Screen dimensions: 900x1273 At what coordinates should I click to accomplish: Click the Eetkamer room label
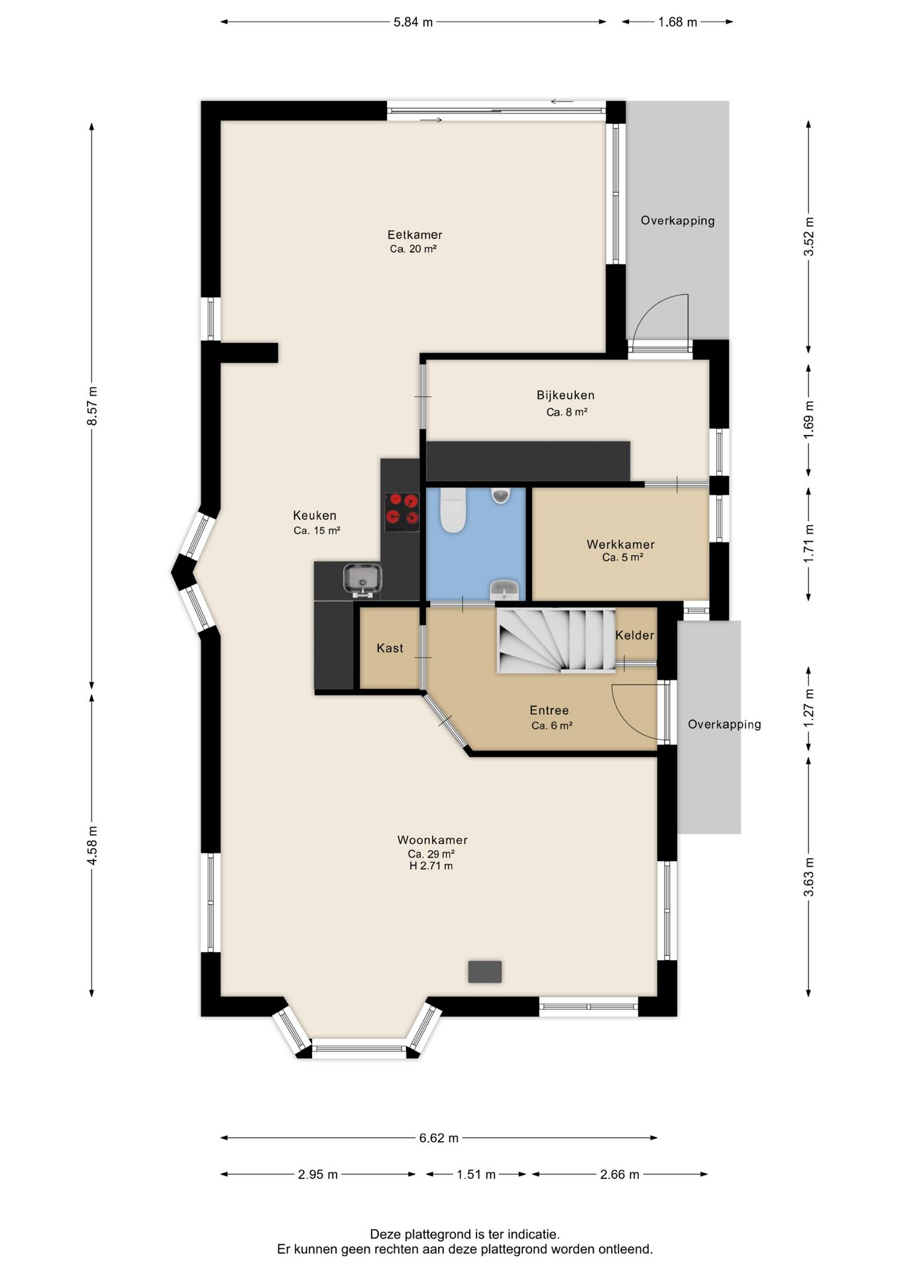coord(415,235)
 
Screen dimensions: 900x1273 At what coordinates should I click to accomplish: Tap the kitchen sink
coord(362,579)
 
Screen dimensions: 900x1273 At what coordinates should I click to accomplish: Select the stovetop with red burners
coord(402,511)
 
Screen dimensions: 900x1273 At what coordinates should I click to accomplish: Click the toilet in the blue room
coord(454,510)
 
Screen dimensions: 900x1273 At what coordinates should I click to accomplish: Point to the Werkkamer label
coord(620,544)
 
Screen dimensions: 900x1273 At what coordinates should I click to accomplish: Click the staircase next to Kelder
coord(556,640)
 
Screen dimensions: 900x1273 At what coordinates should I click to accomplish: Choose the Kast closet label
coord(390,648)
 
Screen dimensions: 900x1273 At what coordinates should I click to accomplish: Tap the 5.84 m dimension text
coord(413,22)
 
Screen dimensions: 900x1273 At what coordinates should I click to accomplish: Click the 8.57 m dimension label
coord(92,406)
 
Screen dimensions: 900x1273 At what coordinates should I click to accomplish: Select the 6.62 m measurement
coord(439,1138)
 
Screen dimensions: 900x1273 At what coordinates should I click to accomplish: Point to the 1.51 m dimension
coord(476,1174)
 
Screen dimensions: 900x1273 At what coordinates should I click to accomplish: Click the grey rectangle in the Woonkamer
coord(484,971)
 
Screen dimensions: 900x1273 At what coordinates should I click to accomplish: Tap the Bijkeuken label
coord(565,395)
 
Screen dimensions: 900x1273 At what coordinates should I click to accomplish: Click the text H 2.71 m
coord(431,866)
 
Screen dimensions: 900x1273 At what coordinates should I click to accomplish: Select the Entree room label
coord(549,711)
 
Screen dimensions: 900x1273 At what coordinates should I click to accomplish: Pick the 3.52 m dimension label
coord(809,237)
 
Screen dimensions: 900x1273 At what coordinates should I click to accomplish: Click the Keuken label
coord(315,515)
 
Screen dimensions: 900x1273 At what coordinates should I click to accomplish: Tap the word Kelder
coord(634,635)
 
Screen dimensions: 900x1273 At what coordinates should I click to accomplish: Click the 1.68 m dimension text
coord(677,22)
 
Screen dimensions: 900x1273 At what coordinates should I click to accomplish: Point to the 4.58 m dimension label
coord(92,845)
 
